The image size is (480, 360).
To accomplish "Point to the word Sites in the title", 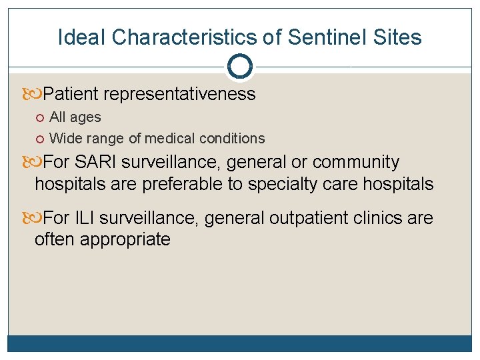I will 399,37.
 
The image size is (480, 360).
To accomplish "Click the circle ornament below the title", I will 239,67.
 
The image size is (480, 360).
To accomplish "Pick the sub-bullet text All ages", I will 75,117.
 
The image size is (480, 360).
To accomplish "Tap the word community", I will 356,162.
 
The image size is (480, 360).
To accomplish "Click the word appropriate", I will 125,239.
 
